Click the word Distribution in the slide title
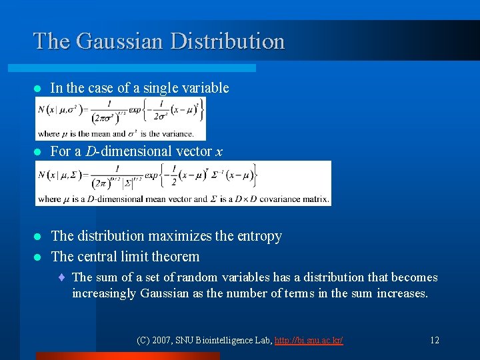coord(227,41)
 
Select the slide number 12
coord(434,340)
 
